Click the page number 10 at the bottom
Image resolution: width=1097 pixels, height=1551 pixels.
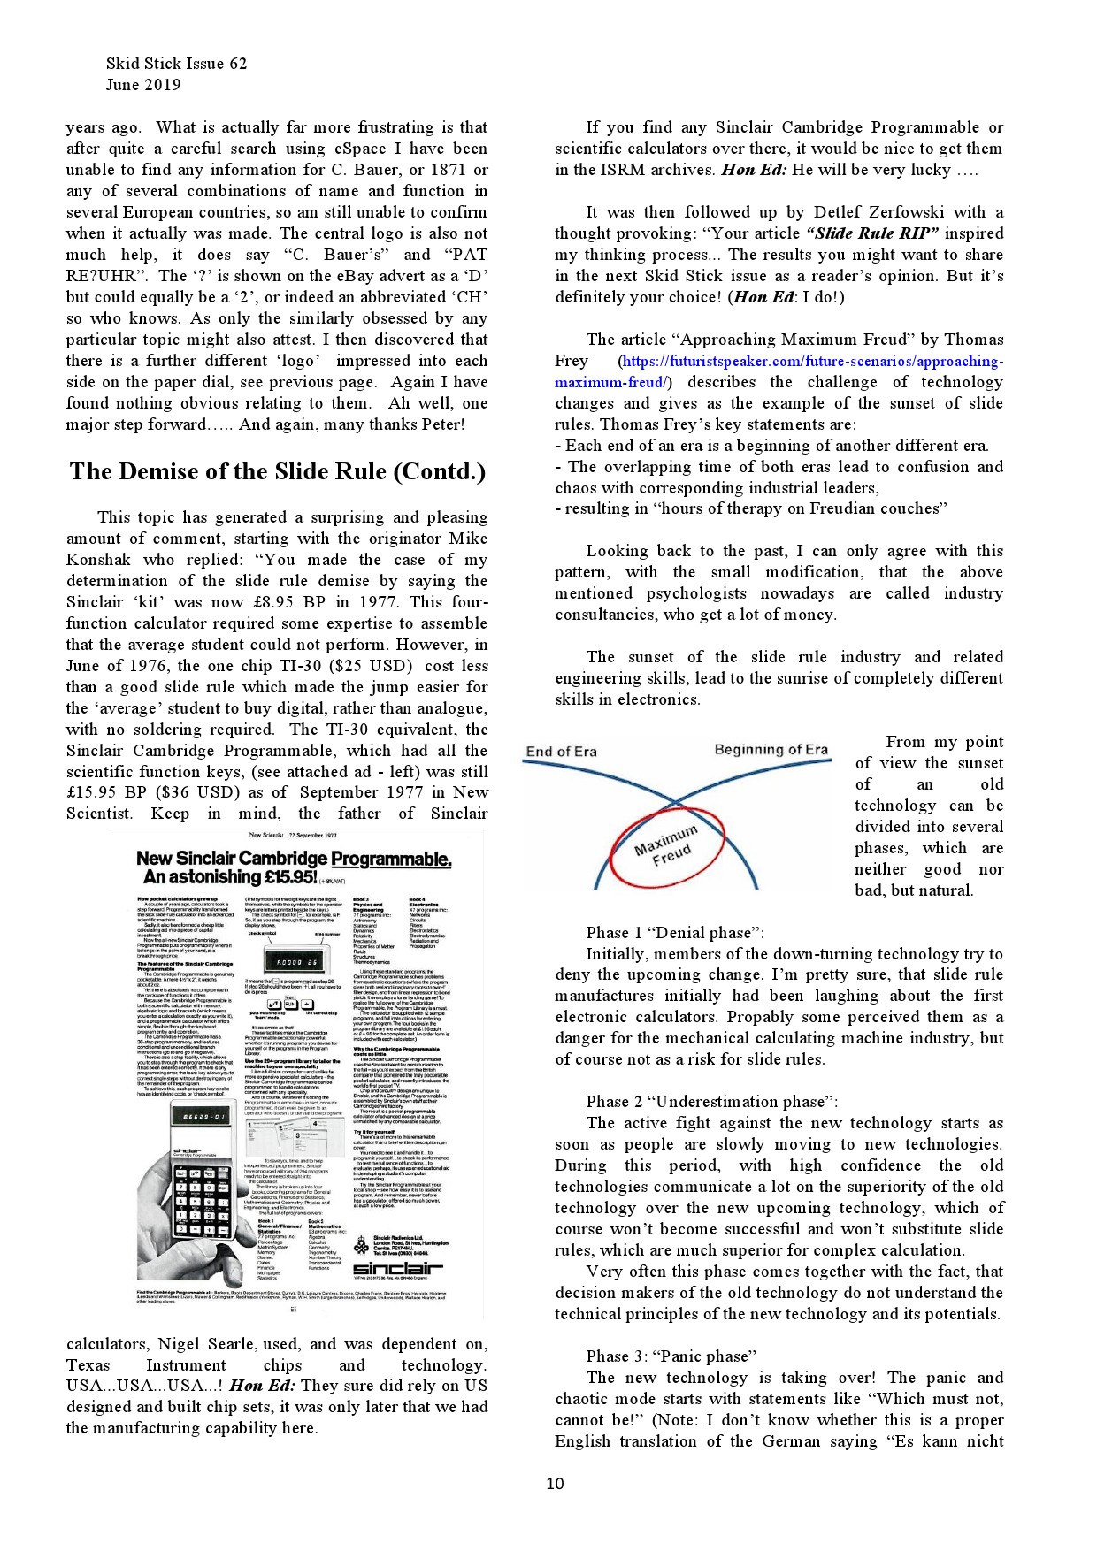point(555,1483)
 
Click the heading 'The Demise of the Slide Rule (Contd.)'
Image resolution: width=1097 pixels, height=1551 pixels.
point(278,471)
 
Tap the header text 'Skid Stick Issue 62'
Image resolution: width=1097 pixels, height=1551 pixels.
point(176,64)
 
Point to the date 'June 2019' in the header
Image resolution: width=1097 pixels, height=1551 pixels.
point(142,85)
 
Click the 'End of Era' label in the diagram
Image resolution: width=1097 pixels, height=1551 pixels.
point(561,752)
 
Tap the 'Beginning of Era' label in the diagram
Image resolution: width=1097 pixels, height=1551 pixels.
point(771,750)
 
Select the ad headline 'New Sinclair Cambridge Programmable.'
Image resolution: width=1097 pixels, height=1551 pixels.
point(294,859)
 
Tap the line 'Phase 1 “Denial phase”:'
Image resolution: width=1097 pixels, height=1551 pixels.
point(674,933)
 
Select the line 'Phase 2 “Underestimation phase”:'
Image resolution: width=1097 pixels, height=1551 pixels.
point(711,1102)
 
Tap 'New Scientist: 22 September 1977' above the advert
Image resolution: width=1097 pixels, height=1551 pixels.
point(293,835)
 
